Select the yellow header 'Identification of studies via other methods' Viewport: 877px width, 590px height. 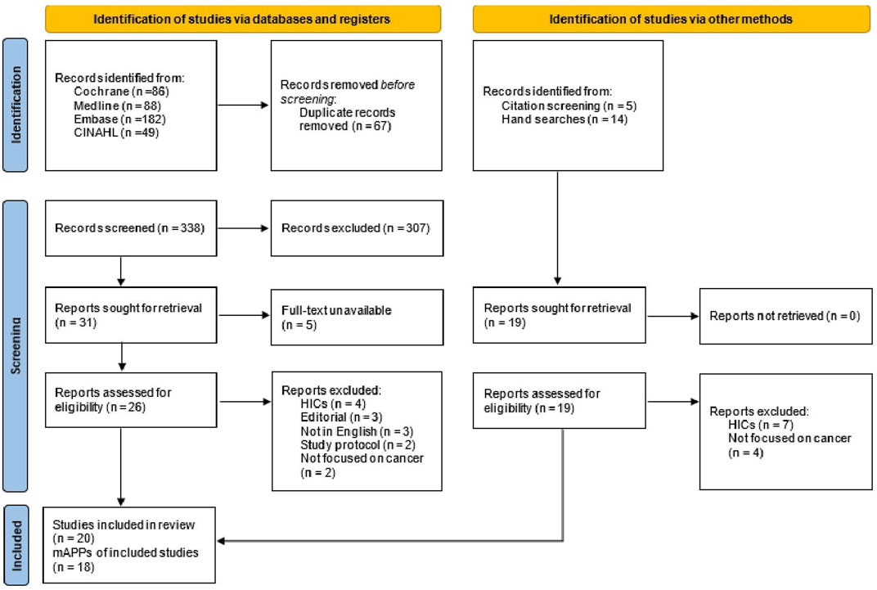tap(671, 19)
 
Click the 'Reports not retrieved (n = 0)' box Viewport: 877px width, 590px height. tap(785, 315)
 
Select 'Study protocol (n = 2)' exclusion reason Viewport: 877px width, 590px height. tap(347, 444)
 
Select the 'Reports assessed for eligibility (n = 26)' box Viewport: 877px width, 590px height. tap(131, 399)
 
